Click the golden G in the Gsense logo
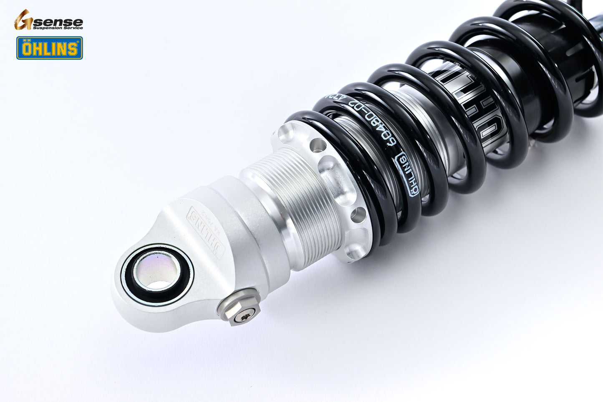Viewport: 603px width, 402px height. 23,20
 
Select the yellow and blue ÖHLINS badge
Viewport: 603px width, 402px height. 49,48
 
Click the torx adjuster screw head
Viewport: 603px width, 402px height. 241,317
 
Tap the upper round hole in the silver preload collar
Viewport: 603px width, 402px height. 318,145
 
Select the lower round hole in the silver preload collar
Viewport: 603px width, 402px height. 358,215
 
